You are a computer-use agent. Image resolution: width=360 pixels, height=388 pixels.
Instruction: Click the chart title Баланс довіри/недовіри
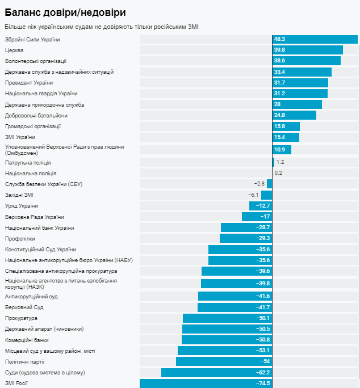coord(65,12)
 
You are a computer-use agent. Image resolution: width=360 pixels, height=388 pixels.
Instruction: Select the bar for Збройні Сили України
coord(315,39)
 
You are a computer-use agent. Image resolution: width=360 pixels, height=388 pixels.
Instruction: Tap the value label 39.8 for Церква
coord(279,50)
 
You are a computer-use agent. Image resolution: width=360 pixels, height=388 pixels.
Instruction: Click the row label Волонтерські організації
coord(36,61)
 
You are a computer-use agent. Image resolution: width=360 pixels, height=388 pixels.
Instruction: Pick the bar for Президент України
coord(300,83)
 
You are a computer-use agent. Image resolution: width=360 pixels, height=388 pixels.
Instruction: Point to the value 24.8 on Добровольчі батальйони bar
coord(279,115)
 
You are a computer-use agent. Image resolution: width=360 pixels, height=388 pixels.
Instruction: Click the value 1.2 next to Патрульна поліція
coord(280,162)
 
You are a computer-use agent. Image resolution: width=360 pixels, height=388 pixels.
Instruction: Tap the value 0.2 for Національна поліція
coord(278,173)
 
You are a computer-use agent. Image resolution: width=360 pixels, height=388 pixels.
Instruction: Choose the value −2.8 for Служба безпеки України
coord(259,184)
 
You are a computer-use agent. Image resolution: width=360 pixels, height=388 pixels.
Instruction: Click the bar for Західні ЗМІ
coord(266,195)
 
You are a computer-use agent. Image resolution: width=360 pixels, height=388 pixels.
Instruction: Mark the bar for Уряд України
coord(261,205)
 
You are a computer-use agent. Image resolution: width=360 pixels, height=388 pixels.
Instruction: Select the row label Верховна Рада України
coord(35,217)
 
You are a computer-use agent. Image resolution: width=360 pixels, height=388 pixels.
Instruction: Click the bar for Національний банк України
coord(246,227)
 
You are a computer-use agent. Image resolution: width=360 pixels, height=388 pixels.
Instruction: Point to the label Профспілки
coord(20,238)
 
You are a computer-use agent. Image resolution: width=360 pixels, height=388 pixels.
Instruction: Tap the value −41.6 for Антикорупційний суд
coord(262,296)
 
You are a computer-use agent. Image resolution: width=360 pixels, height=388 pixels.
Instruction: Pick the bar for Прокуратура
coord(227,318)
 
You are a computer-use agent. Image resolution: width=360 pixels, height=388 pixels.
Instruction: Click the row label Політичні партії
coord(25,361)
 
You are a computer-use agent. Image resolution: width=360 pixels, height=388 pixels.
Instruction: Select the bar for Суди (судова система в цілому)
coord(216,372)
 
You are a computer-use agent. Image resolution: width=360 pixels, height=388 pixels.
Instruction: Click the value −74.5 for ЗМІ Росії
coord(262,383)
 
